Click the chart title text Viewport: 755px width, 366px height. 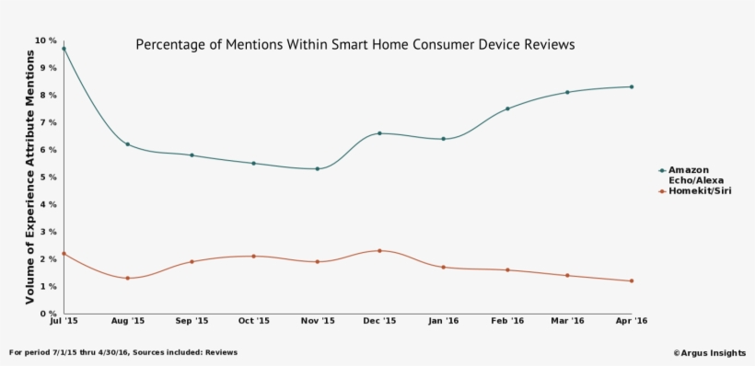pos(354,44)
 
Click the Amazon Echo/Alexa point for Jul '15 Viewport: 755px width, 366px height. pos(64,49)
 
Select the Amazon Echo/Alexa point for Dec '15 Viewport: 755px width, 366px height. pos(379,133)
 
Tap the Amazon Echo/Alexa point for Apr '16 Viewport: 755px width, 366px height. pos(632,86)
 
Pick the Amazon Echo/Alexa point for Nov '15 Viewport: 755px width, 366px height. pos(317,168)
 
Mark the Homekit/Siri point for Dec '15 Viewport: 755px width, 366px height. pos(379,250)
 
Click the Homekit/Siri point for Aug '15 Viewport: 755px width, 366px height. pos(127,278)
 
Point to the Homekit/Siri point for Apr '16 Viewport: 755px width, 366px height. pos(632,280)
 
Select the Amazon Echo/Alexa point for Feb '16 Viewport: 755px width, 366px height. pos(506,109)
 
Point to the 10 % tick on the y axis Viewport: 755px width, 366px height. pos(46,40)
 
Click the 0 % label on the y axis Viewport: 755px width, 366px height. pos(49,314)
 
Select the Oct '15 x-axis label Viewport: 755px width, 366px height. pos(253,322)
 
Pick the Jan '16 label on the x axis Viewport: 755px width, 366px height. pos(443,322)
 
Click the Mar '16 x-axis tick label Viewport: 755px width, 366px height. pos(568,322)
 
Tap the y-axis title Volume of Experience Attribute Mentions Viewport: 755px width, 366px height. pos(29,177)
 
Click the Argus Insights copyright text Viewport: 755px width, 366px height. pos(709,352)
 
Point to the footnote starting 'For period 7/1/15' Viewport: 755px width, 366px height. pos(123,352)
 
